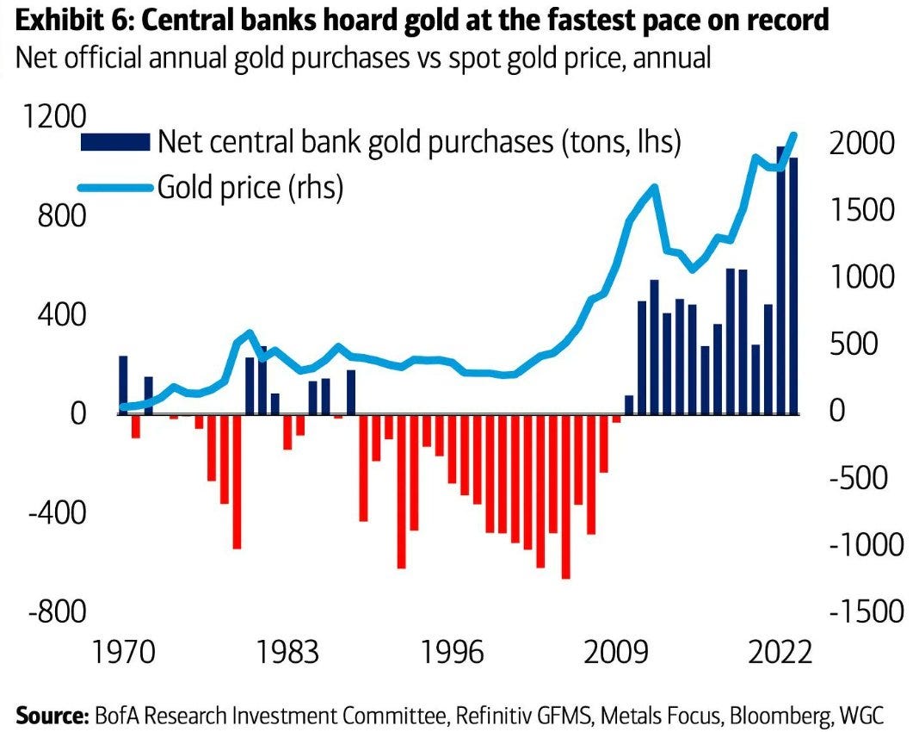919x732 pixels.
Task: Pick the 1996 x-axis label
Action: click(453, 652)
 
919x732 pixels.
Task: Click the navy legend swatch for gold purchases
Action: click(114, 142)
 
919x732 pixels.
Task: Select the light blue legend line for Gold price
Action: click(114, 186)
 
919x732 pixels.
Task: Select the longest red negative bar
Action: click(566, 495)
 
